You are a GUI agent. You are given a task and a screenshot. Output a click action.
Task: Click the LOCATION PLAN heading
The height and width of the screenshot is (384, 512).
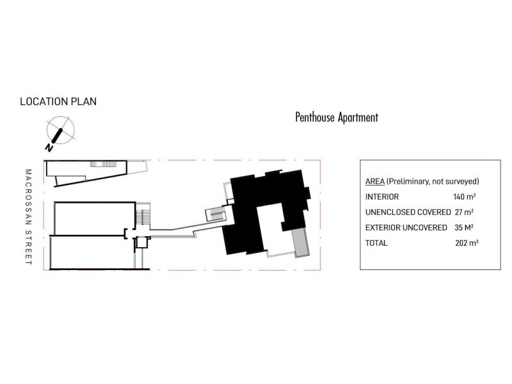(x=58, y=102)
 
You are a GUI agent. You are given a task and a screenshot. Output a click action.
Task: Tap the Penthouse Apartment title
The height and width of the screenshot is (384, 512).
(x=337, y=117)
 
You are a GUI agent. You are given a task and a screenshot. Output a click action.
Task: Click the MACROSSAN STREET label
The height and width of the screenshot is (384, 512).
(x=28, y=217)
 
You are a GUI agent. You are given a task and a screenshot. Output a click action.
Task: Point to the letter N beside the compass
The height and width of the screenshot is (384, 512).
(x=49, y=148)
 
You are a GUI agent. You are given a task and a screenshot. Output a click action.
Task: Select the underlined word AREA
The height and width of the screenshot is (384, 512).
(x=374, y=182)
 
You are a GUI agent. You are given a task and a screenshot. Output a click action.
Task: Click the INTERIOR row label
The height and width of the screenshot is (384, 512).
(x=382, y=197)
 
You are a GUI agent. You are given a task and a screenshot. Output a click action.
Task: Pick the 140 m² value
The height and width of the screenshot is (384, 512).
(x=465, y=196)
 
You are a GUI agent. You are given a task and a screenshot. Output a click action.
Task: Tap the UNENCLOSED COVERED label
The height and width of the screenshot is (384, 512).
(x=408, y=212)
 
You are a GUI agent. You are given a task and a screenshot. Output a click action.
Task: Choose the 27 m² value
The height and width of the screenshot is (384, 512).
(x=464, y=212)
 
